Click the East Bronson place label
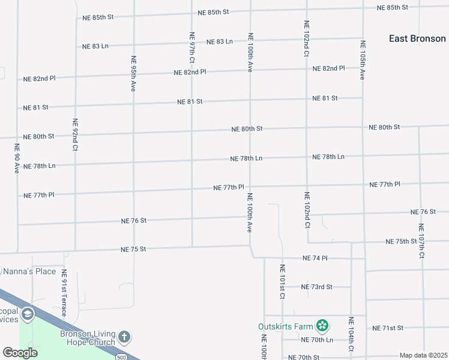(417, 38)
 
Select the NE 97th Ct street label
(192, 47)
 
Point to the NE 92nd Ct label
(75, 134)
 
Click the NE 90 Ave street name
(17, 159)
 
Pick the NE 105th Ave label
(363, 60)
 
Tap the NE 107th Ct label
(421, 241)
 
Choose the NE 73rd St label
(316, 287)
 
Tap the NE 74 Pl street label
(315, 258)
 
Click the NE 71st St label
(388, 328)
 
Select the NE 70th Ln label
(318, 340)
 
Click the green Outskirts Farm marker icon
(323, 326)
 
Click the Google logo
(20, 353)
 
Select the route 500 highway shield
(122, 357)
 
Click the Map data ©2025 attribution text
(423, 355)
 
